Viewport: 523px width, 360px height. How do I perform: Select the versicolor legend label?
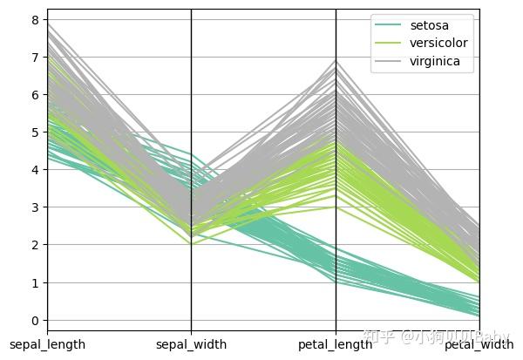(x=435, y=44)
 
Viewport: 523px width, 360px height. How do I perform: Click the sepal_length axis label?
(x=48, y=344)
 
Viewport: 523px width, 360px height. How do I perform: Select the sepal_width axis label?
(x=192, y=344)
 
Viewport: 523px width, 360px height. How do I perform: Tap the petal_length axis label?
(x=336, y=344)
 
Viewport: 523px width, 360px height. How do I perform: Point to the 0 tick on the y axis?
(x=36, y=321)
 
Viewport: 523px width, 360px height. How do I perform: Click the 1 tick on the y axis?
(x=36, y=283)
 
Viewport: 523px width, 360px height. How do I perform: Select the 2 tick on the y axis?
(x=36, y=245)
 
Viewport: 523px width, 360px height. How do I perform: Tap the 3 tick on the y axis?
(x=36, y=207)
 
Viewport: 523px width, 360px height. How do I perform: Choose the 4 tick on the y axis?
(x=36, y=170)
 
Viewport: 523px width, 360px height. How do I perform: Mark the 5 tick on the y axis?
(x=36, y=132)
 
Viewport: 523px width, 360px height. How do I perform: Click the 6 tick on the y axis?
(x=36, y=94)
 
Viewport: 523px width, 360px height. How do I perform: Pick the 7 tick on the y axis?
(x=36, y=57)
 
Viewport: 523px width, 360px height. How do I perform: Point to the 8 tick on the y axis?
(x=36, y=19)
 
